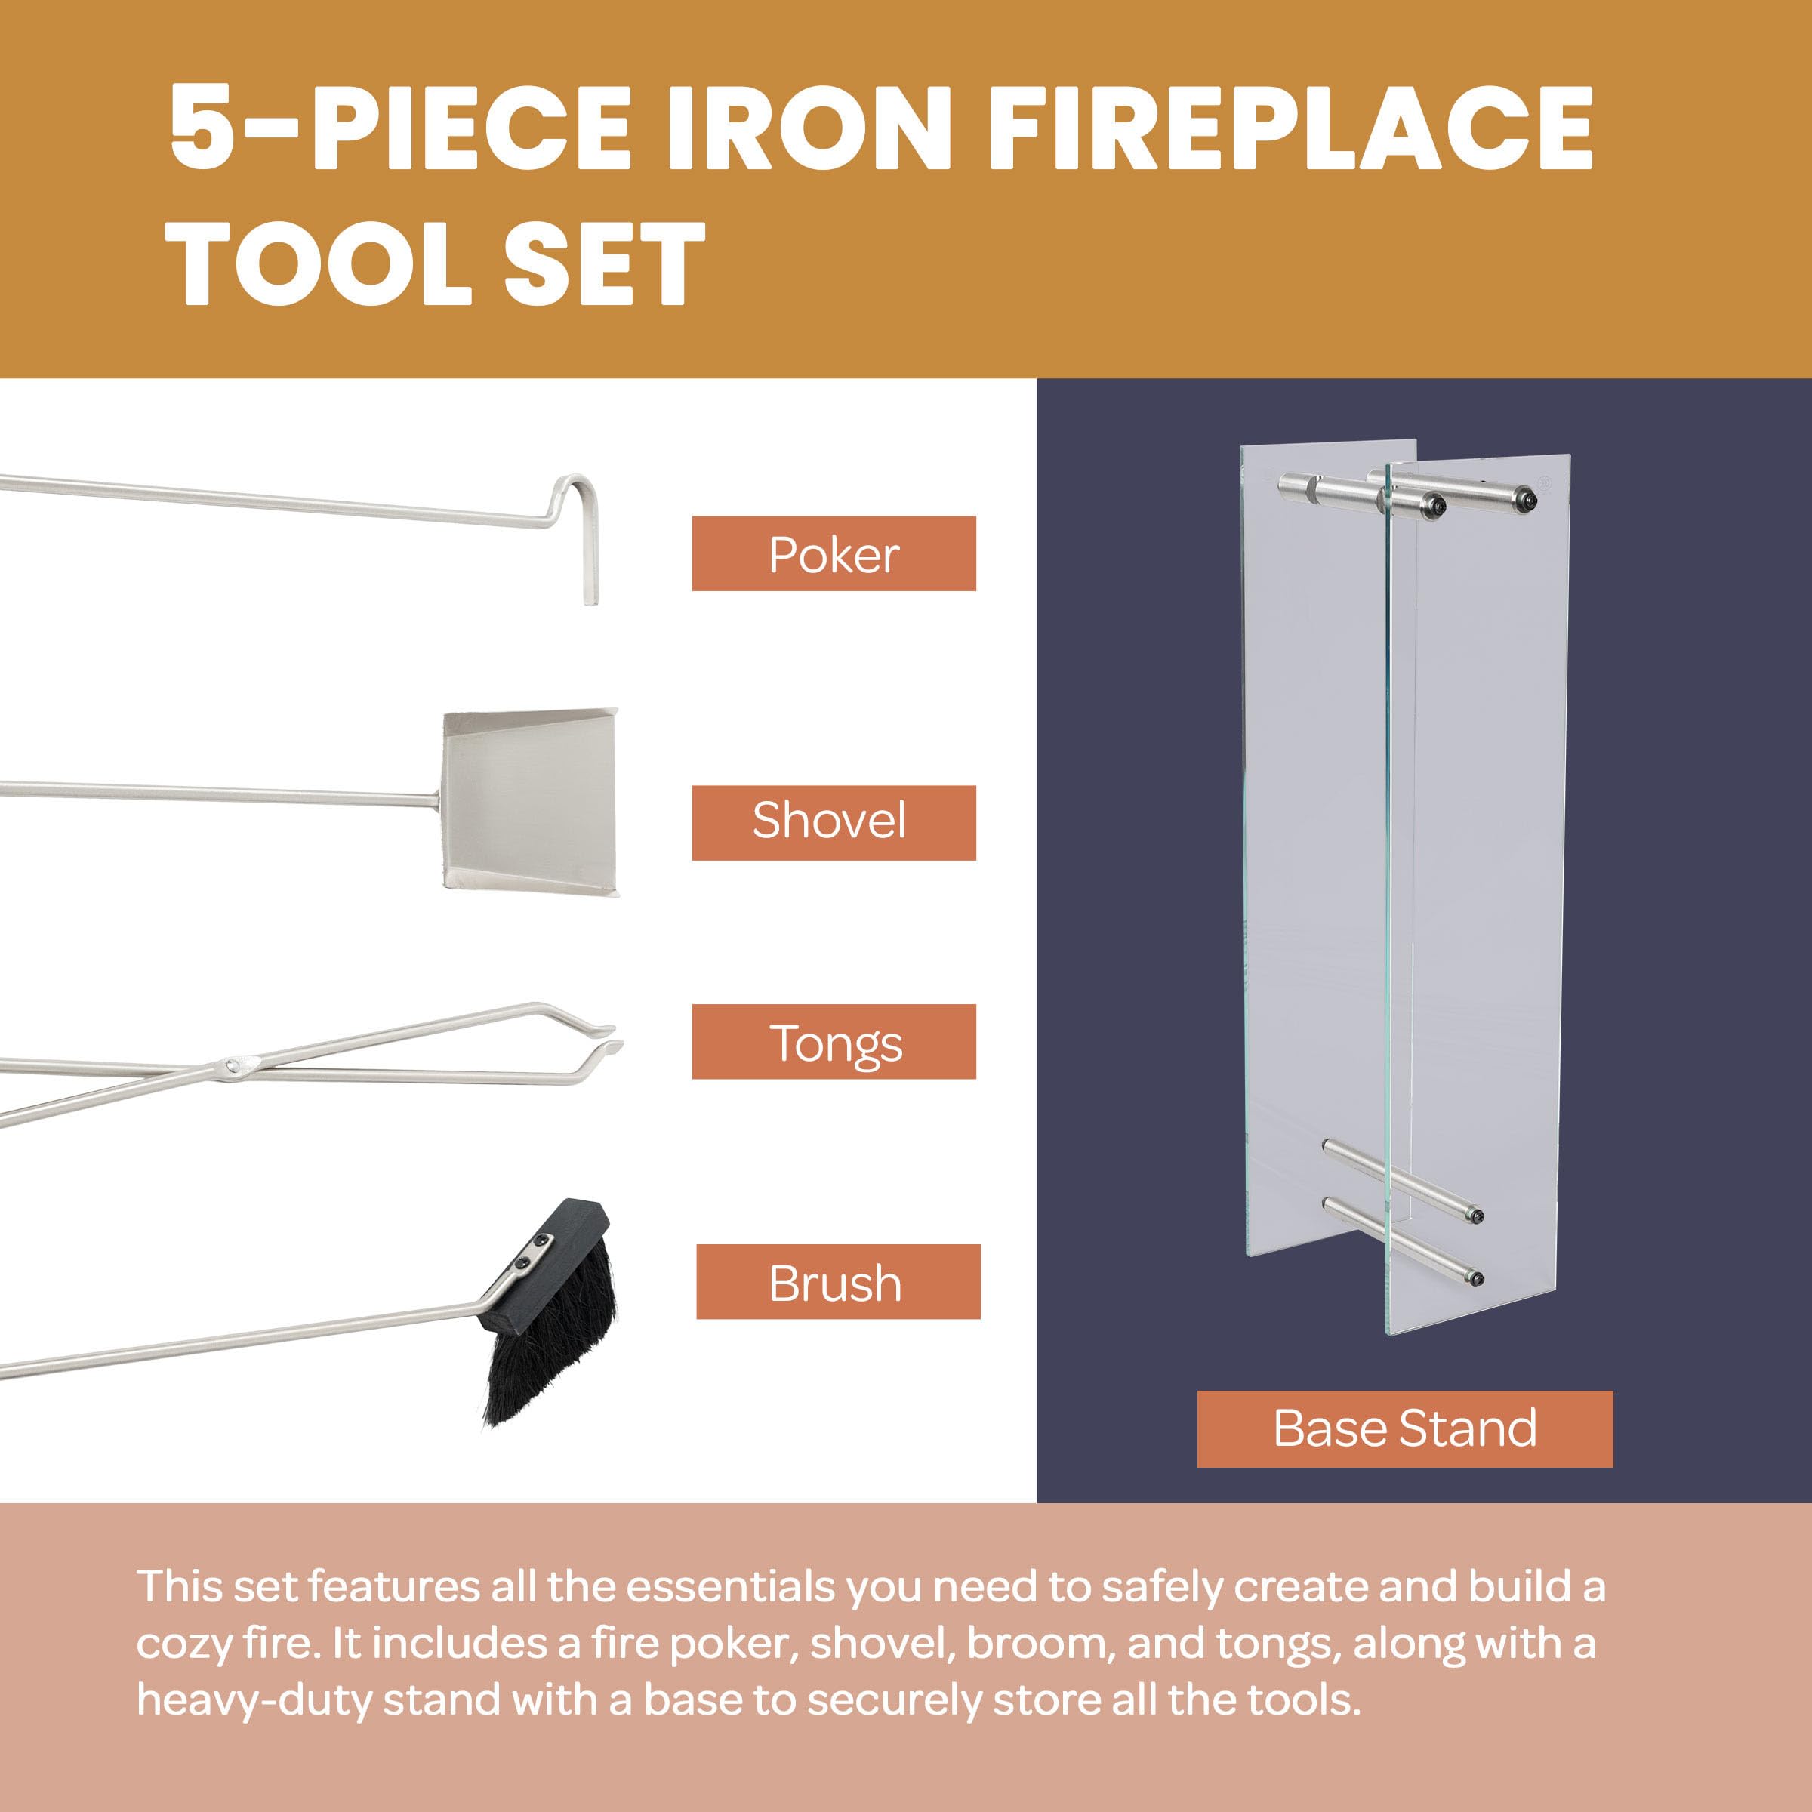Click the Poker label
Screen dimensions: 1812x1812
[834, 553]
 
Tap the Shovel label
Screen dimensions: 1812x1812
[834, 822]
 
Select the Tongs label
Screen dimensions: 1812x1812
[834, 1041]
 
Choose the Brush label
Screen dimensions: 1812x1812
[837, 1281]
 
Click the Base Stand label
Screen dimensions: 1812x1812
[1405, 1428]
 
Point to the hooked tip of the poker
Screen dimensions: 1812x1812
[589, 600]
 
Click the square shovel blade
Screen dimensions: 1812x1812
[531, 802]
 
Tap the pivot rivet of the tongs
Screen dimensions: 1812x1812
[232, 1065]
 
